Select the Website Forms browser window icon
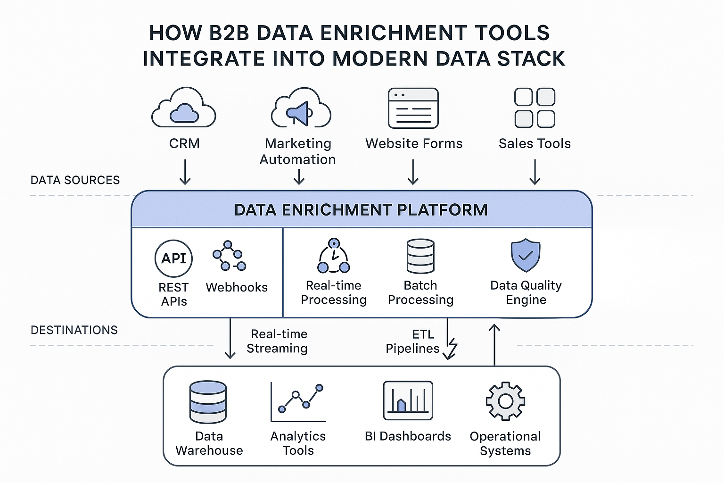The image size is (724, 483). click(x=413, y=108)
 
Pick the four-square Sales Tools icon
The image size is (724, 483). click(x=535, y=108)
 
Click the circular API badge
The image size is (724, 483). click(x=173, y=258)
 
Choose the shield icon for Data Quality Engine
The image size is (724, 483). click(x=526, y=255)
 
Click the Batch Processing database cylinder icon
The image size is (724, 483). click(x=420, y=256)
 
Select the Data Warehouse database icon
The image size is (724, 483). click(x=208, y=402)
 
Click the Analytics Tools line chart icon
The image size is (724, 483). click(x=298, y=402)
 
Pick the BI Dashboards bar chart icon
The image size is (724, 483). click(x=408, y=401)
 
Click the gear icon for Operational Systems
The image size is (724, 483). click(x=505, y=401)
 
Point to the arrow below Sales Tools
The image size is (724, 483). click(x=535, y=172)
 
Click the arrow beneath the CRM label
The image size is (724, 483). click(x=185, y=172)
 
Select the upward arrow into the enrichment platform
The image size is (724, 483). click(x=494, y=344)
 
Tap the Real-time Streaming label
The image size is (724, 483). click(x=277, y=341)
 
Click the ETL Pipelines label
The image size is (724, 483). click(x=413, y=341)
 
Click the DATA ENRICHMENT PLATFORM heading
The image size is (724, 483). click(x=361, y=210)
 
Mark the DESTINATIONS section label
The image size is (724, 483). click(x=74, y=330)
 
